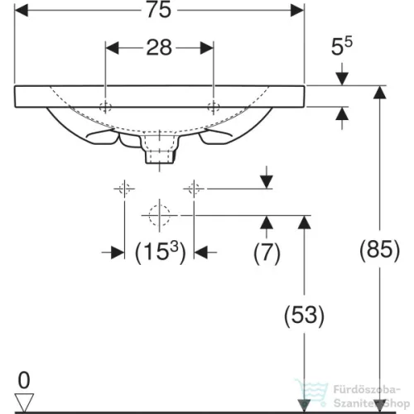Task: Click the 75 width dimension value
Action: pyautogui.click(x=159, y=10)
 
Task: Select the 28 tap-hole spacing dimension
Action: pyautogui.click(x=159, y=48)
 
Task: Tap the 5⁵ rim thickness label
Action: pyautogui.click(x=342, y=46)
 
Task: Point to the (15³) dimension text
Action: pyautogui.click(x=161, y=253)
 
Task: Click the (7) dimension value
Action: pyautogui.click(x=267, y=253)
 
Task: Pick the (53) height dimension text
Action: pyautogui.click(x=304, y=315)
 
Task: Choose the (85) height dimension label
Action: pyautogui.click(x=379, y=250)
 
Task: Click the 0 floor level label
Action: pyautogui.click(x=24, y=380)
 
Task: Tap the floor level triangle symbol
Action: pyautogui.click(x=24, y=402)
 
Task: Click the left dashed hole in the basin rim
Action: pyautogui.click(x=105, y=107)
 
